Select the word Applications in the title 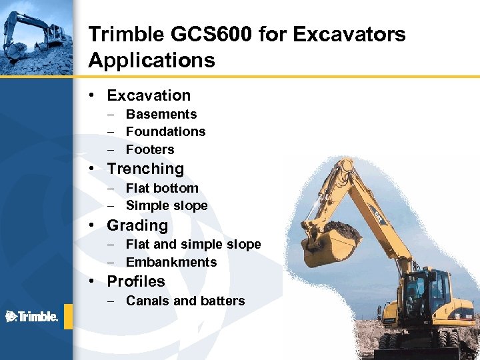click(x=151, y=61)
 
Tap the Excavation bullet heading click(x=149, y=95)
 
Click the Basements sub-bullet click(x=161, y=114)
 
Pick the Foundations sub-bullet click(x=165, y=131)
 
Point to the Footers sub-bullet click(x=150, y=149)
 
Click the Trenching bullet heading click(x=145, y=169)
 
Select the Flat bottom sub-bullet click(x=162, y=188)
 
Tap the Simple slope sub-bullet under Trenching click(x=167, y=205)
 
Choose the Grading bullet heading click(x=137, y=225)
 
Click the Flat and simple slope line click(x=193, y=244)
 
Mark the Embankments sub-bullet click(x=171, y=262)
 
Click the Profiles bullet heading click(x=136, y=281)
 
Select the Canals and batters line click(x=185, y=301)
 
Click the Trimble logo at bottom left click(x=32, y=316)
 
